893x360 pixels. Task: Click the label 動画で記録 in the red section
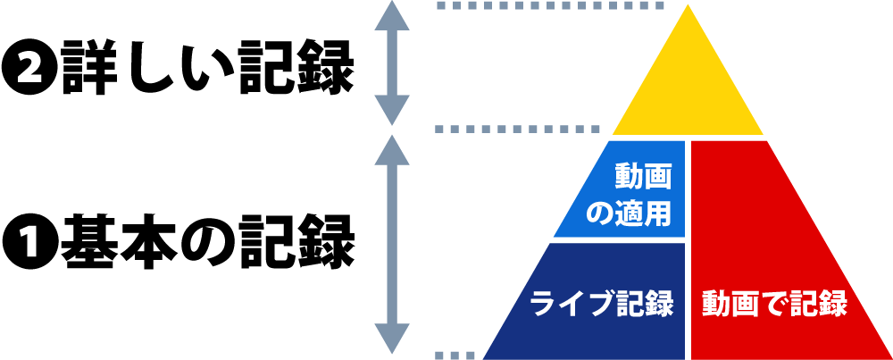[x=773, y=304]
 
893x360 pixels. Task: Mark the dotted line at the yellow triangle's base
[x=518, y=130]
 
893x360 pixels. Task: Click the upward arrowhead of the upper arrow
[x=391, y=16]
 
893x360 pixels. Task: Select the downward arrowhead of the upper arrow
[x=391, y=111]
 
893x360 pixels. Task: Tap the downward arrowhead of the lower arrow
[x=391, y=339]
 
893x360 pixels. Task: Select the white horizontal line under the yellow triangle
[x=688, y=138]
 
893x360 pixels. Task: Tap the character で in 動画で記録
[x=773, y=304]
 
